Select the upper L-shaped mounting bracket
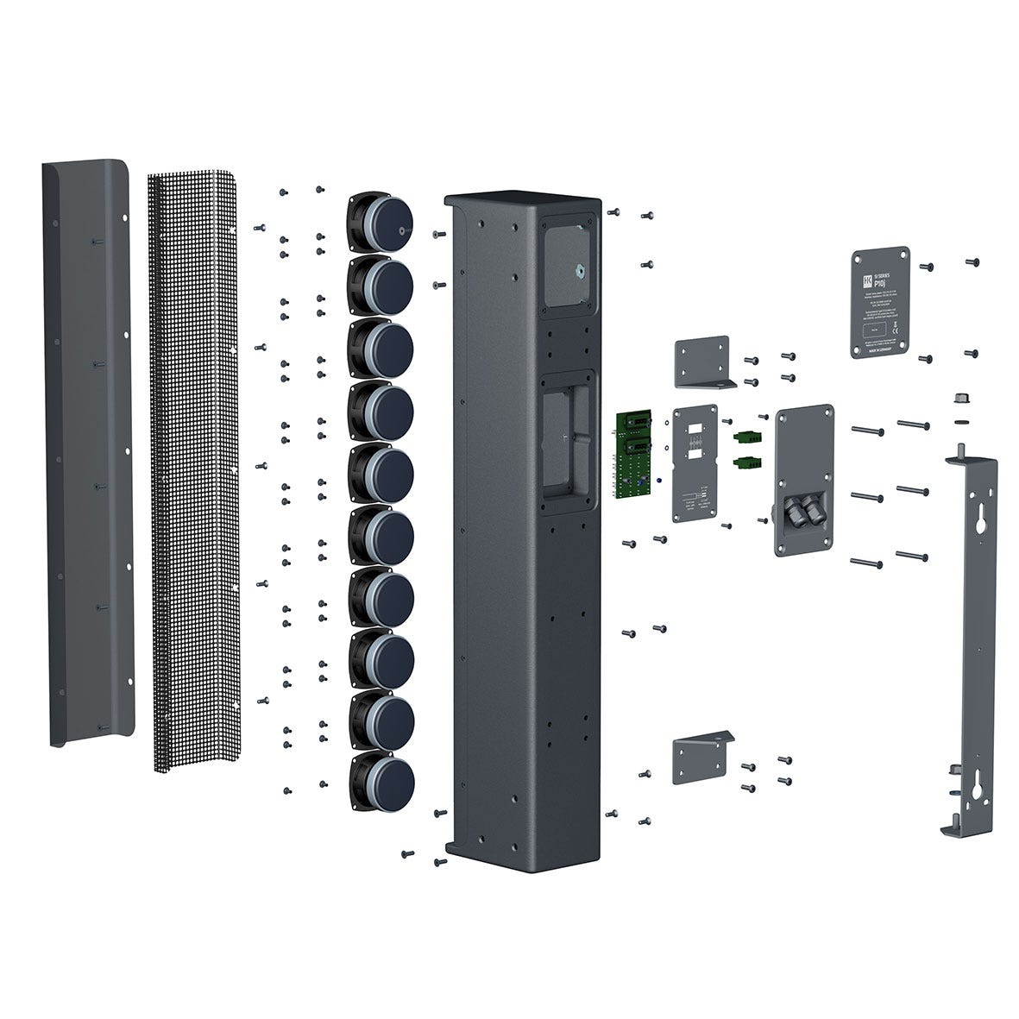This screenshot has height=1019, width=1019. click(x=703, y=362)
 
